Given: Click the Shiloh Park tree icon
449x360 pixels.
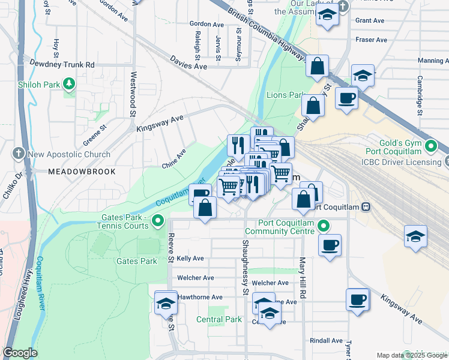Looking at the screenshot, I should (x=70, y=83).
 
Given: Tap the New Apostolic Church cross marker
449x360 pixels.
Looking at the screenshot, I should (x=19, y=154).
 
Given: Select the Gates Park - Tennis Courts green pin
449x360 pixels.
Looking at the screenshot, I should (x=158, y=221).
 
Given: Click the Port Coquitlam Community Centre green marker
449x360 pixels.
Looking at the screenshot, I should (x=324, y=226).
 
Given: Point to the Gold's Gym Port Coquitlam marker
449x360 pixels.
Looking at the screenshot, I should (x=431, y=146).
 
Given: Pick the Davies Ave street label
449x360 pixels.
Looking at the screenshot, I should (x=188, y=62).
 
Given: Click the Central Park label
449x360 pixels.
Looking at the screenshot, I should (x=219, y=319).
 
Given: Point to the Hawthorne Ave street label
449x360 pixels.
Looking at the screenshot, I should (x=200, y=297).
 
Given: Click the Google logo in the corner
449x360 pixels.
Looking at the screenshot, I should (x=20, y=353).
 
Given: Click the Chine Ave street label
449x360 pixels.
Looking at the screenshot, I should (x=173, y=159).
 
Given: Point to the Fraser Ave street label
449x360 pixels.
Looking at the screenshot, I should (x=372, y=40).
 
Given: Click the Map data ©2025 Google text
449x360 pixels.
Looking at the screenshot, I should (x=411, y=355).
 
